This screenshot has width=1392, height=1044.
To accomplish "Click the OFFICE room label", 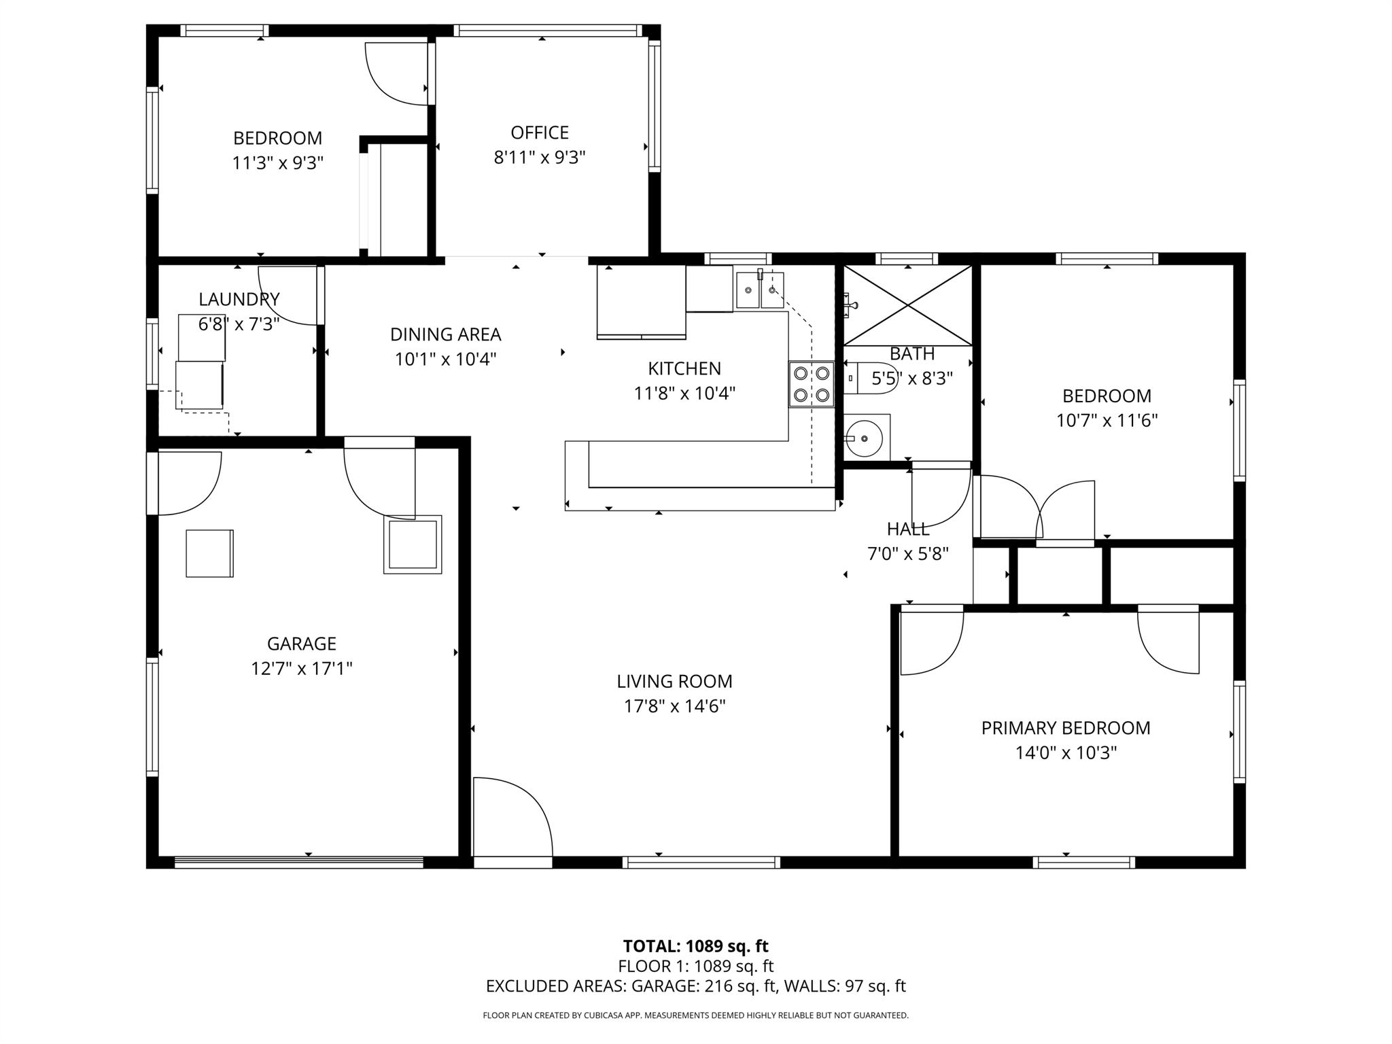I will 540,133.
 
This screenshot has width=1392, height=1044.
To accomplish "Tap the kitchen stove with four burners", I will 812,384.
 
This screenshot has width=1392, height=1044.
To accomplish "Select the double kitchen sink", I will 760,290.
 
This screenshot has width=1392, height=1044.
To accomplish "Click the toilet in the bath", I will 877,378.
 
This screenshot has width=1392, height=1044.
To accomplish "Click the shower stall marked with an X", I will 908,305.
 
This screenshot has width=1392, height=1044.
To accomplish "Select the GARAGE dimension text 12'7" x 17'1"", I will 302,669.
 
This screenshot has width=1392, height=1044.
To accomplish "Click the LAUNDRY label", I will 239,299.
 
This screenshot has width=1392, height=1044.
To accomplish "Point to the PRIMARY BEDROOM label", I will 1065,728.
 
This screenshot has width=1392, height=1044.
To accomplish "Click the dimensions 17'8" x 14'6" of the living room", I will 674,706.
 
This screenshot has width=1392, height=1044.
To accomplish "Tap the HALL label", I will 908,529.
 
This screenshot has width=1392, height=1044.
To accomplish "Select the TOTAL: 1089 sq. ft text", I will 695,946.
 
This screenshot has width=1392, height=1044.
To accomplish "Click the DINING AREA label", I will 445,334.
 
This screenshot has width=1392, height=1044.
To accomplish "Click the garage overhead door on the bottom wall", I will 299,862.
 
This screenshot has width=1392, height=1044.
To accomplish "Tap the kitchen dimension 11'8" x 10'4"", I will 684,393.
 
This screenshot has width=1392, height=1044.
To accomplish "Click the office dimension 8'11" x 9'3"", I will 540,158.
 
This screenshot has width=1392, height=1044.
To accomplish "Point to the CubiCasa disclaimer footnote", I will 695,1015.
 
